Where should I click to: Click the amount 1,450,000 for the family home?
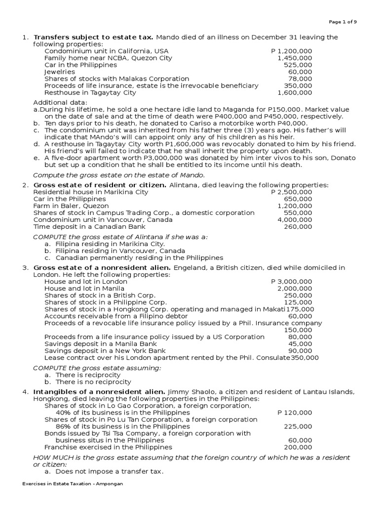coord(295,58)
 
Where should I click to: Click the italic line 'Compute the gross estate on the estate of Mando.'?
coord(118,175)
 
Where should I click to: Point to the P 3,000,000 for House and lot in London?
coord(292,281)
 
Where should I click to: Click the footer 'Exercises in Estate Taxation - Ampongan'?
coord(72,483)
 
